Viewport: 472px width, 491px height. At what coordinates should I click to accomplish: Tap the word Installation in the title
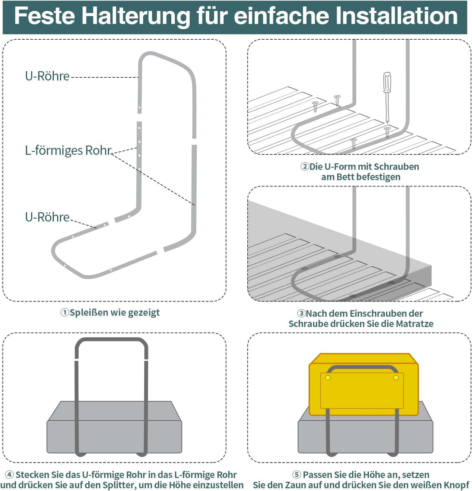tap(396, 16)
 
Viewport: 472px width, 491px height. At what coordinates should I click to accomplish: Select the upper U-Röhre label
tap(47, 76)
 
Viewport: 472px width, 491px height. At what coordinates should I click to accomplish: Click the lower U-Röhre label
tap(47, 217)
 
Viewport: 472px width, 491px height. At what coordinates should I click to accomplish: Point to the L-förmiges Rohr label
tap(68, 151)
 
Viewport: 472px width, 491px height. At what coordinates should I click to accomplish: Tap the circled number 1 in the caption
tap(65, 313)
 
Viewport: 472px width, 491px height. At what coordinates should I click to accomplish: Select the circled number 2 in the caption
tap(305, 167)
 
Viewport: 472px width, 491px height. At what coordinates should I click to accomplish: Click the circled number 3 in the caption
tap(301, 314)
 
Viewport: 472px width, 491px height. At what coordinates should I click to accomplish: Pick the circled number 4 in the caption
tap(9, 475)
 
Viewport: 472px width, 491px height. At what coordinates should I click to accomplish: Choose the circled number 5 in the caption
tap(296, 475)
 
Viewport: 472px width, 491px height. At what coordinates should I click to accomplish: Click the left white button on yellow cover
tap(327, 377)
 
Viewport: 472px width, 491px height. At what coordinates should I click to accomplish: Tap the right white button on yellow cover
tap(396, 377)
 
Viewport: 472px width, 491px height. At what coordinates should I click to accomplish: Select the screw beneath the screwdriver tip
tap(387, 130)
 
